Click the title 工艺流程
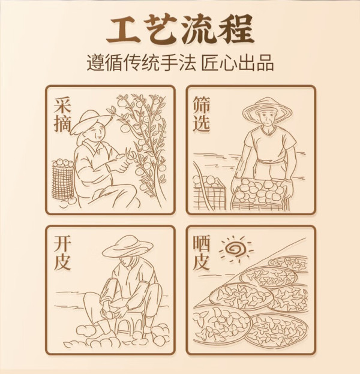pos(180,29)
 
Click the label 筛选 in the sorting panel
pos(201,114)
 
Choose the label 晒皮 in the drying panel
pos(201,253)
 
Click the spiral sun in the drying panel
pos(236,249)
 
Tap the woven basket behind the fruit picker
pos(63,179)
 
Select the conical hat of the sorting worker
pos(268,110)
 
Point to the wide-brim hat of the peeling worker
pos(128,246)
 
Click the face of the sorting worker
pos(268,118)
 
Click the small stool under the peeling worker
pos(130,325)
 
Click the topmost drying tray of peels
pos(289,263)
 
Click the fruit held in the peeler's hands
pos(110,313)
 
